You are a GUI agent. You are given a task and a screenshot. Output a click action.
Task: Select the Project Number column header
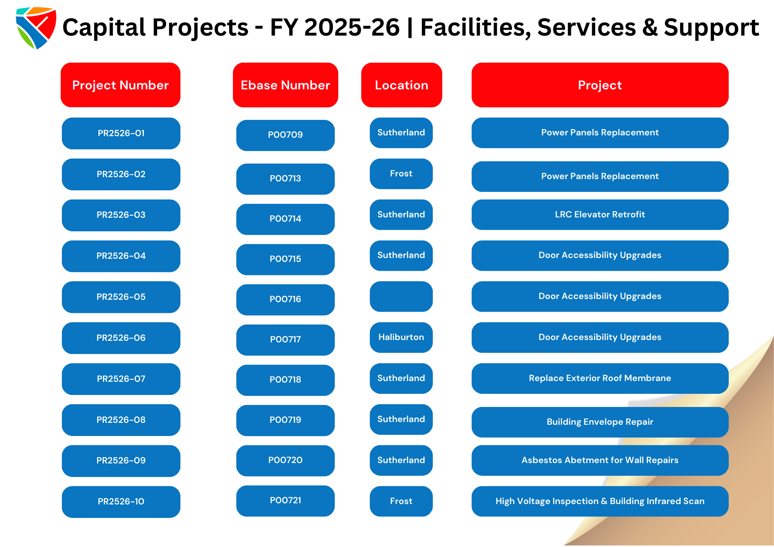click(120, 85)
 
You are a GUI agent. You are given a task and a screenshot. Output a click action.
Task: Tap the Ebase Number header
click(285, 85)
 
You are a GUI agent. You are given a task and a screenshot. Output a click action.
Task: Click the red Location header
click(401, 85)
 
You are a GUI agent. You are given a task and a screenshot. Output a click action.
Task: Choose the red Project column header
click(600, 85)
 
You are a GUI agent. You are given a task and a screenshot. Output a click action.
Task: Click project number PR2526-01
click(121, 133)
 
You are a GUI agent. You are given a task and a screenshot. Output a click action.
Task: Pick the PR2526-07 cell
click(121, 379)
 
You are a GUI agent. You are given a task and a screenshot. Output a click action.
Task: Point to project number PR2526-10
click(121, 502)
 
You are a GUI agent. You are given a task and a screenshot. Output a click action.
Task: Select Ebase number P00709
click(285, 135)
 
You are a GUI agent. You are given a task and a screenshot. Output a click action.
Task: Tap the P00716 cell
click(285, 299)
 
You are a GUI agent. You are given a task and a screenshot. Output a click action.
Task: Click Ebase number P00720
click(285, 460)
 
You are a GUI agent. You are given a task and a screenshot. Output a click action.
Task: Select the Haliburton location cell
click(401, 337)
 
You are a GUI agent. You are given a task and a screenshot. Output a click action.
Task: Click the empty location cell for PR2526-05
click(401, 296)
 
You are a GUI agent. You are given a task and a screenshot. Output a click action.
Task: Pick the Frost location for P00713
click(401, 174)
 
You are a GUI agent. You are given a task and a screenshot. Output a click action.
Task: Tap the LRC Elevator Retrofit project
click(600, 215)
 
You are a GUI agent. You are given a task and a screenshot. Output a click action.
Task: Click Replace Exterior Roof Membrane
click(600, 378)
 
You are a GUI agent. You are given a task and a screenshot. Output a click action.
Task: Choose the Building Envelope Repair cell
click(600, 422)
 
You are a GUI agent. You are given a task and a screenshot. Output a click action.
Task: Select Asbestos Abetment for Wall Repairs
click(600, 460)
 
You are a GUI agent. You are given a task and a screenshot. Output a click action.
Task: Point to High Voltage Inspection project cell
click(600, 501)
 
